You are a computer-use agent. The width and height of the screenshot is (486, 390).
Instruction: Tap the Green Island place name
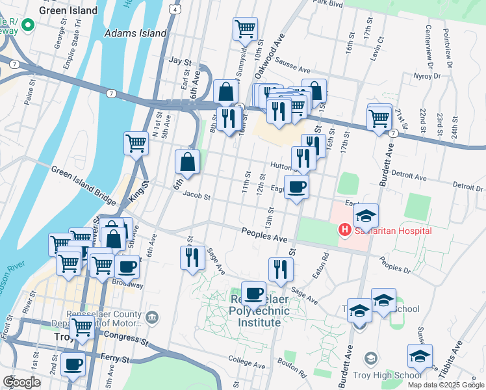click(x=68, y=10)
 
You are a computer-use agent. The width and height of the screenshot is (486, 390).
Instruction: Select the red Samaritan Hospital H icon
click(x=344, y=230)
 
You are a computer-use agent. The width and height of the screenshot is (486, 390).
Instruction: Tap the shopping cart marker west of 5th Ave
click(x=136, y=142)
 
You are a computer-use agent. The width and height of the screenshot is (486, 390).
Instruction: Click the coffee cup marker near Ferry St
click(x=73, y=364)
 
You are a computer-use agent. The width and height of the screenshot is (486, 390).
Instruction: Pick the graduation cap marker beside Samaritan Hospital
click(x=366, y=216)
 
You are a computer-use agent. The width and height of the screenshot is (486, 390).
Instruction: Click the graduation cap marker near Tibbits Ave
click(x=420, y=356)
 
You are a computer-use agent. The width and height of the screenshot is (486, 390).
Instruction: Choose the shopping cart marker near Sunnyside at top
click(x=245, y=29)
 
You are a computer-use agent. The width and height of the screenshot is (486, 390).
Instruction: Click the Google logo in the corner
click(x=21, y=382)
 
